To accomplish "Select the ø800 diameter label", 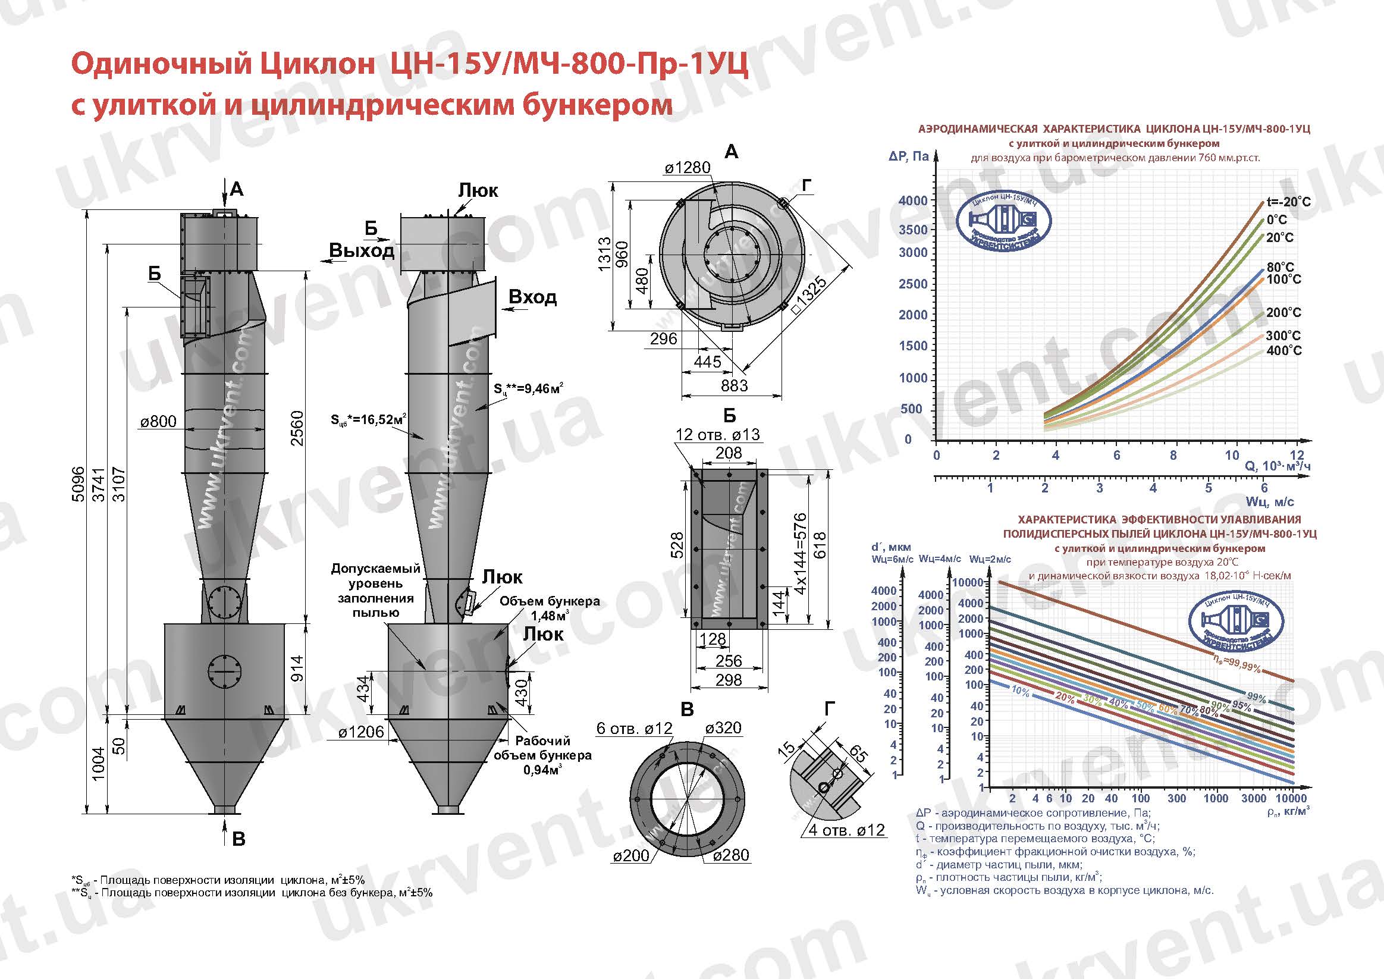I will [x=158, y=421].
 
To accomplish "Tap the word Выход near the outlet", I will [x=362, y=250].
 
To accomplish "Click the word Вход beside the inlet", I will [x=532, y=297].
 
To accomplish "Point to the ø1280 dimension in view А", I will [x=687, y=168].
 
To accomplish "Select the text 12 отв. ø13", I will [x=717, y=434].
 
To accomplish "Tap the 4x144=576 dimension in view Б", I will [x=799, y=553].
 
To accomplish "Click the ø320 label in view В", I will [x=723, y=728].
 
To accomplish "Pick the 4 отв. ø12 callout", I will [x=846, y=830].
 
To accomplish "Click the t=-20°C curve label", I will [x=1288, y=202].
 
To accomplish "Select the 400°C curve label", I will [x=1284, y=350].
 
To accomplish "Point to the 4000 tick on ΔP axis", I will [x=912, y=200].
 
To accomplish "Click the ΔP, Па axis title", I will [x=908, y=157].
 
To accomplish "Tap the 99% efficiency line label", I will [x=1256, y=698].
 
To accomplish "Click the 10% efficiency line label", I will [x=1020, y=692].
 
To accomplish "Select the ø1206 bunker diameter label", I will [x=360, y=732].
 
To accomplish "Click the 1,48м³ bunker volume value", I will [x=549, y=616].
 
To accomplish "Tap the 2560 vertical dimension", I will [x=297, y=428].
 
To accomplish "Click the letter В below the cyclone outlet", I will [x=238, y=839].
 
